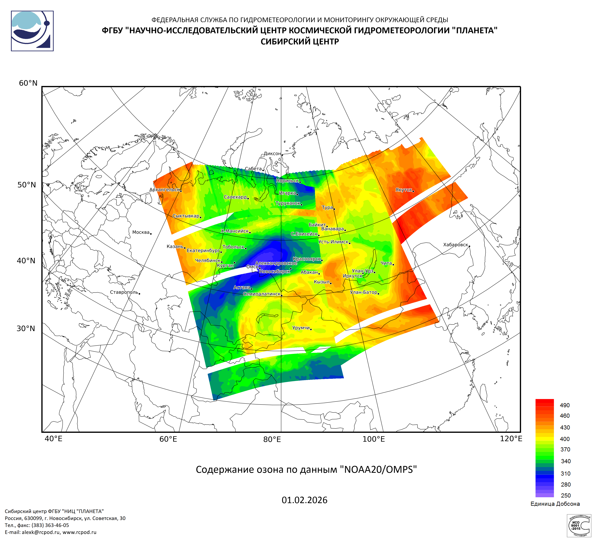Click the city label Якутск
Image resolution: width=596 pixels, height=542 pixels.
point(404,190)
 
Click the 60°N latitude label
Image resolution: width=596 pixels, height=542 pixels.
point(28,83)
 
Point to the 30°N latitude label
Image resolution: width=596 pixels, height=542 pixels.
point(26,328)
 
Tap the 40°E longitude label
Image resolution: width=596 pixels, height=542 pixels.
point(54,439)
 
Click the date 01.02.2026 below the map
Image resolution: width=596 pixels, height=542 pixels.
point(305,500)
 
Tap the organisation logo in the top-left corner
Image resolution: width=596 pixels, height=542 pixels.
point(32,31)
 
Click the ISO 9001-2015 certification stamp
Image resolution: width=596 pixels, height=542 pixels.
point(579,525)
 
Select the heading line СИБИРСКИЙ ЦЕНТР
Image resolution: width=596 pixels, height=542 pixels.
point(300,42)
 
